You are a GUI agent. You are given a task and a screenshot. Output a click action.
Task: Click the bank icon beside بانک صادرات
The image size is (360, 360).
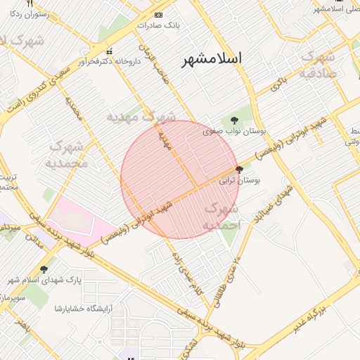[158, 15]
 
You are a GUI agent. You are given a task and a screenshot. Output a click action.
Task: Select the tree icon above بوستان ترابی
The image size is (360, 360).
[240, 170]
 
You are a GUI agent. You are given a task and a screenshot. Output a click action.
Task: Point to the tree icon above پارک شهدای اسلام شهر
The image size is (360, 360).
[44, 269]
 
